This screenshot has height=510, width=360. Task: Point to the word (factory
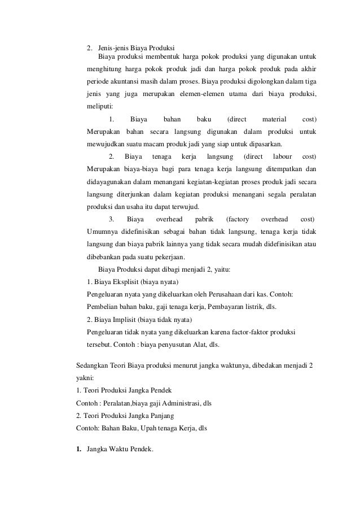click(x=237, y=219)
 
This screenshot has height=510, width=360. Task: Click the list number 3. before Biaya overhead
click(x=112, y=219)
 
